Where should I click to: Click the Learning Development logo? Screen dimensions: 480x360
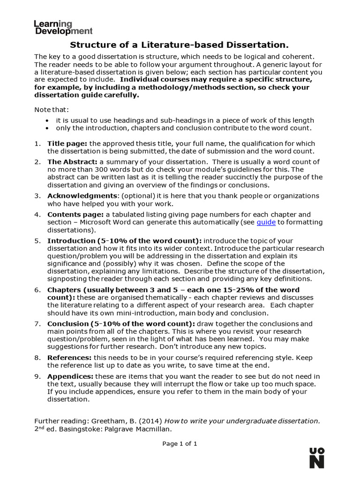pyautogui.click(x=63, y=28)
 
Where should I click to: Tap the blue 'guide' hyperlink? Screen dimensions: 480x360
pyautogui.click(x=266, y=222)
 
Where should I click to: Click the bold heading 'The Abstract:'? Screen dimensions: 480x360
pyautogui.click(x=72, y=162)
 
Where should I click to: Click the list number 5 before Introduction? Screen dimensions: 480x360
pyautogui.click(x=37, y=240)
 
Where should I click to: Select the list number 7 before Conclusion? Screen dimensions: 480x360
pyautogui.click(x=37, y=324)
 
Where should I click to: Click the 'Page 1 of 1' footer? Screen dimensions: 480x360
pyautogui.click(x=180, y=444)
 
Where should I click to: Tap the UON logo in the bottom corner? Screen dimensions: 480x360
pyautogui.click(x=317, y=457)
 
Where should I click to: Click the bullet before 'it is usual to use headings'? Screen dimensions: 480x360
pyautogui.click(x=49, y=121)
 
